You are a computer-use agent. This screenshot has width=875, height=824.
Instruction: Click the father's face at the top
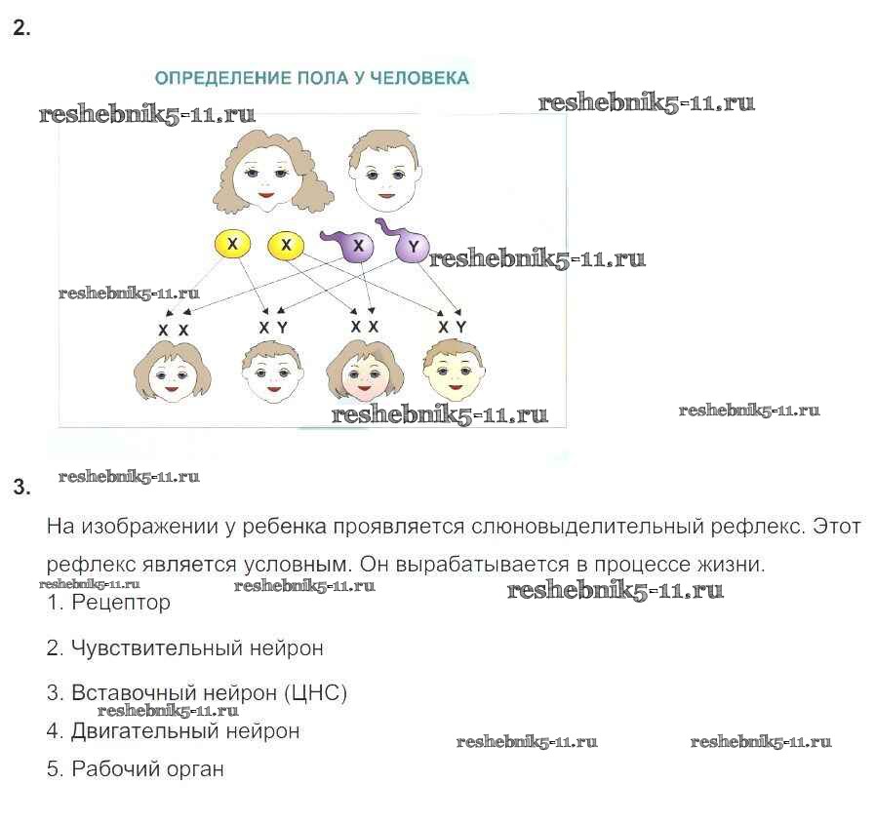pyautogui.click(x=380, y=174)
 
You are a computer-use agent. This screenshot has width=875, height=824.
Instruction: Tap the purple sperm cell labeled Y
pyautogui.click(x=413, y=248)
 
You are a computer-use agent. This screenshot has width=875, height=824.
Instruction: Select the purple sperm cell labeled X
pyautogui.click(x=358, y=247)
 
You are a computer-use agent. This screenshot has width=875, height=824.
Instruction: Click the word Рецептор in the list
pyautogui.click(x=121, y=603)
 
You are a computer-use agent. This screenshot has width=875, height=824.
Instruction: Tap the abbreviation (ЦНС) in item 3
pyautogui.click(x=317, y=693)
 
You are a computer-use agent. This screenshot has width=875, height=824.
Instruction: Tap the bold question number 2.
pyautogui.click(x=21, y=28)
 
